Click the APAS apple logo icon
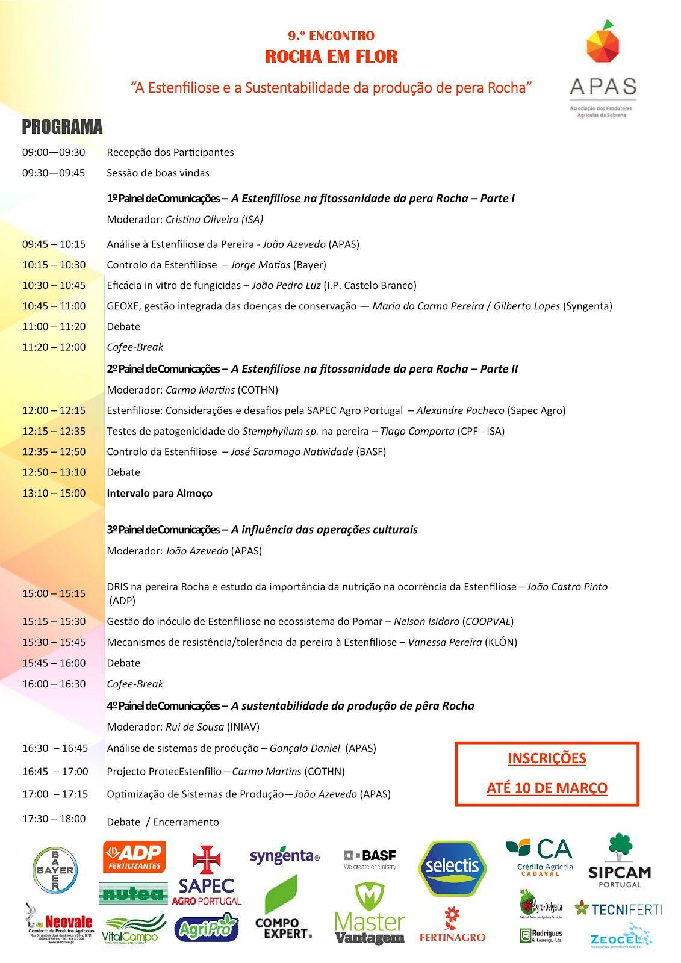click(603, 40)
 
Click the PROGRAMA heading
click(62, 127)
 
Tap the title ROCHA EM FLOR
click(331, 57)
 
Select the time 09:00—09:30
click(54, 152)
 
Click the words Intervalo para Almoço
click(160, 493)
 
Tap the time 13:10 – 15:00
click(54, 493)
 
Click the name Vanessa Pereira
click(445, 642)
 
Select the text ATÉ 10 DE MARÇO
click(547, 788)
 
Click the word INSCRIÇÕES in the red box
click(547, 758)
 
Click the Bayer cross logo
click(55, 870)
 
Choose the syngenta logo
click(285, 856)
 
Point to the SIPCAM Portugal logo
click(619, 860)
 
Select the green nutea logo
click(132, 894)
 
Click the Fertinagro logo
click(452, 925)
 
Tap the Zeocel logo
click(620, 937)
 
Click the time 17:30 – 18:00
click(54, 819)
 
